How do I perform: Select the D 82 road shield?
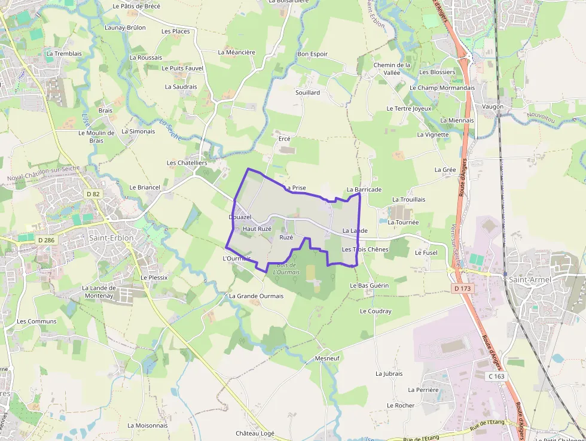[93, 194]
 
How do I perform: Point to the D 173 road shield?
[462, 288]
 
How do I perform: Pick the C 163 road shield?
[496, 376]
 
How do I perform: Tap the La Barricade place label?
[364, 190]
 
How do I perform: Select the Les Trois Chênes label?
[365, 250]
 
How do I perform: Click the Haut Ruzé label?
[257, 229]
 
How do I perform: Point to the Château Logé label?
[255, 433]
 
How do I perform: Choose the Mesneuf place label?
[326, 358]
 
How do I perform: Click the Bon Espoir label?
[313, 54]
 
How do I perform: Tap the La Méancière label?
[236, 52]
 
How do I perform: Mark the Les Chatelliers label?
[187, 163]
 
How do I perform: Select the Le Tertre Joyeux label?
[409, 109]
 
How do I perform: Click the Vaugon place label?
[493, 107]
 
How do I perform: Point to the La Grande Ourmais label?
[257, 296]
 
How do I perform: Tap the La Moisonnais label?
[148, 425]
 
